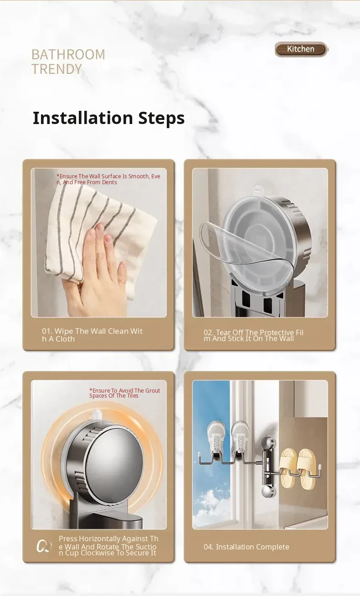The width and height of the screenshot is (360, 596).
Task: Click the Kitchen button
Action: [x=301, y=49]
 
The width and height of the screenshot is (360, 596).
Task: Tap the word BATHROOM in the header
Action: [x=68, y=55]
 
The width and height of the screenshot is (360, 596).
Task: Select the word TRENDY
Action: [x=57, y=69]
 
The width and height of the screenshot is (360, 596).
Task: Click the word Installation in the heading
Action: [x=82, y=118]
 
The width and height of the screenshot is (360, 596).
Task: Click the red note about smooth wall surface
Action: [x=108, y=179]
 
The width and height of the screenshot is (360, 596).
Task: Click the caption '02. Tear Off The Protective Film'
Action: [x=253, y=336]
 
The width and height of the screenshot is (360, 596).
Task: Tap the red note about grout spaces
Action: [x=124, y=393]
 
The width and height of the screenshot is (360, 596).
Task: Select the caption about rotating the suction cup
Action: [x=108, y=546]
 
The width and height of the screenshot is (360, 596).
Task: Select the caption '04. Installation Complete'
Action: [x=246, y=547]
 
